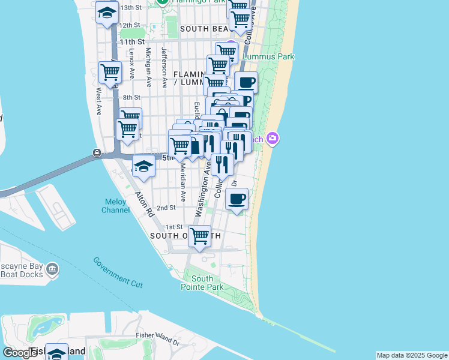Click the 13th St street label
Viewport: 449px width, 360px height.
130,8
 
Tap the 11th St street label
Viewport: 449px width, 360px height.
132,42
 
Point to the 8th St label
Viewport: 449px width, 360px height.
131,97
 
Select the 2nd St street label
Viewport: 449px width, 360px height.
166,208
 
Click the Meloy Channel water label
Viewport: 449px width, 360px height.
116,206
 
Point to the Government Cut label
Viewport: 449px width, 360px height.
118,271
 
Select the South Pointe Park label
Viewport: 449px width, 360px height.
202,283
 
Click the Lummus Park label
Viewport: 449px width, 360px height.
268,57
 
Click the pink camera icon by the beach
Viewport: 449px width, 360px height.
273,139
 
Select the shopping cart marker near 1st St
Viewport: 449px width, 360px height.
199,236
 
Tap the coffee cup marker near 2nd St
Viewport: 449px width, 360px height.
237,198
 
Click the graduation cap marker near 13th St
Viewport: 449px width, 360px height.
107,12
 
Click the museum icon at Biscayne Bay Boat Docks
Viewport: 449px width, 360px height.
53,271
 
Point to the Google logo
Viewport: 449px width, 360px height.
20,353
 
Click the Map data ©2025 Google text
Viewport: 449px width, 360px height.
412,355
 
